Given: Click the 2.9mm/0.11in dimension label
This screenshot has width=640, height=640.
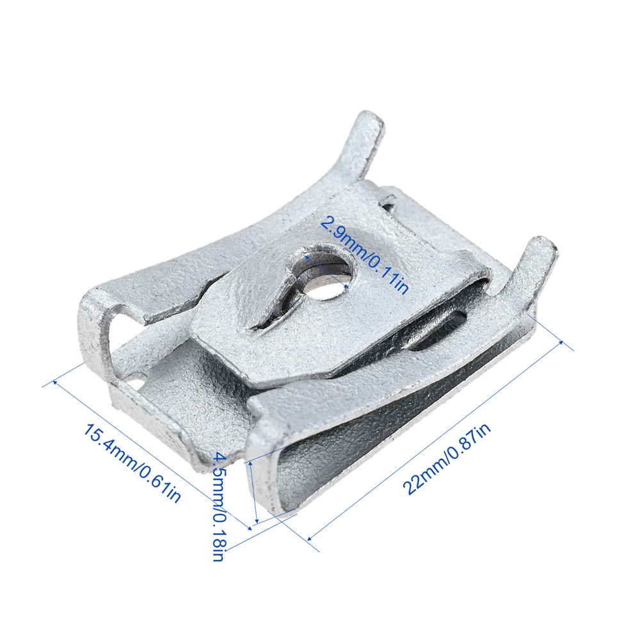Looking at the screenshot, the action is (364, 255).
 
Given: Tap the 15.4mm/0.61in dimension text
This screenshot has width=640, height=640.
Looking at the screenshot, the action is (132, 463).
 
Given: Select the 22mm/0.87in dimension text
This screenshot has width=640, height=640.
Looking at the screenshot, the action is (447, 458).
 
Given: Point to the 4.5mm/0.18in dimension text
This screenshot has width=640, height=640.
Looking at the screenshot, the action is (219, 506).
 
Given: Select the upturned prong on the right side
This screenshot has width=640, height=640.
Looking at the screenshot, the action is (531, 269).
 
